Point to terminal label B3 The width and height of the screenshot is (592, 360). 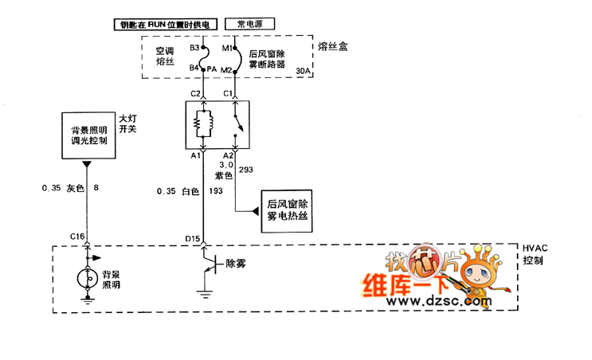pos(194,49)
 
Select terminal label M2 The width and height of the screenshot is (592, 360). pos(225,70)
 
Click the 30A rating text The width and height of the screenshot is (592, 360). pos(303,72)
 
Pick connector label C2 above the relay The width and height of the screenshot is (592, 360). pos(194,93)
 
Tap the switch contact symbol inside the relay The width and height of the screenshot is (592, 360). pos(237,124)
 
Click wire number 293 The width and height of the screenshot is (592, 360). pos(245,170)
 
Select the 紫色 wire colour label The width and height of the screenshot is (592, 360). pos(222,174)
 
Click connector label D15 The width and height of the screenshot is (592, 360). pos(192,237)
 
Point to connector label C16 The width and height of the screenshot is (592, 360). pos(76,237)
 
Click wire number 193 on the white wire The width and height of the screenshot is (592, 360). pos(215,191)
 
